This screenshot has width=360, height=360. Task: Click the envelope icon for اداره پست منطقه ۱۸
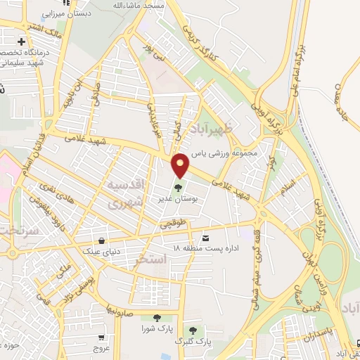click(x=206, y=238)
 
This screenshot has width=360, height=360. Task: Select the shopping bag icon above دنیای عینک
click(x=103, y=240)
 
